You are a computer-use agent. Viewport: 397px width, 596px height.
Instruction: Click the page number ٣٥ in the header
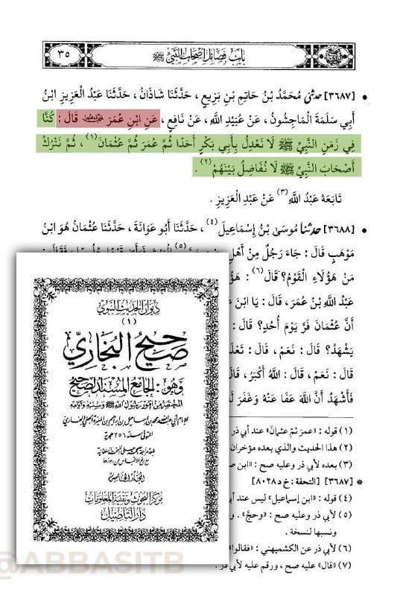coord(62,54)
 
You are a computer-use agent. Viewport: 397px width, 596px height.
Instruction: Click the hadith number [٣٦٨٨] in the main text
coord(358,227)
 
